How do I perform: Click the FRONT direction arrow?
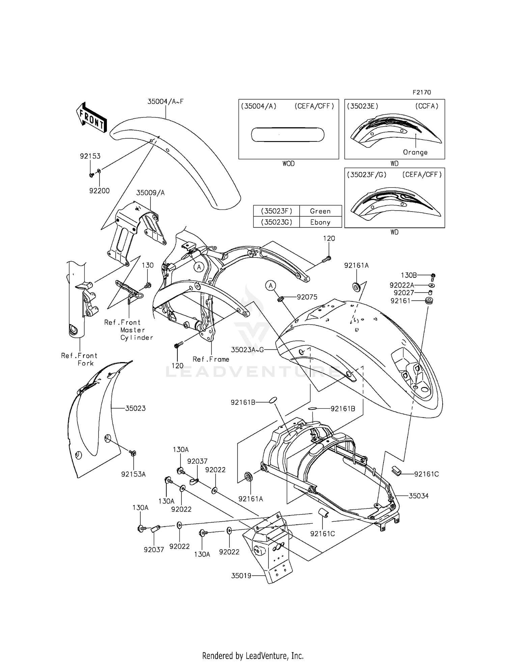click(x=91, y=117)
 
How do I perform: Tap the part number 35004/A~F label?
click(x=165, y=101)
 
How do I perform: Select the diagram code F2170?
click(x=422, y=92)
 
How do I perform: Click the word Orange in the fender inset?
click(x=415, y=152)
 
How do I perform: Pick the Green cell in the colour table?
click(x=320, y=211)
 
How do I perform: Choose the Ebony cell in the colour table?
click(x=320, y=222)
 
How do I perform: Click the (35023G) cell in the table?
click(x=276, y=222)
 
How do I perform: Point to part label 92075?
click(x=307, y=297)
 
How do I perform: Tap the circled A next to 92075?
click(x=271, y=286)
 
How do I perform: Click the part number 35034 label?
click(x=419, y=496)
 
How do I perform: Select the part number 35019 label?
click(x=241, y=576)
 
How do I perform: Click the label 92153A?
click(x=133, y=474)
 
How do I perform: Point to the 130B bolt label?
click(x=409, y=275)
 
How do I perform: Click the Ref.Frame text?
click(x=211, y=359)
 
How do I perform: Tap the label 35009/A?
click(x=150, y=193)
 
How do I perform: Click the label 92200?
click(x=99, y=191)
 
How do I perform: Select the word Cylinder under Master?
click(x=137, y=337)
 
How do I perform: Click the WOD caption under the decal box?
click(x=288, y=164)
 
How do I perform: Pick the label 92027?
click(x=403, y=293)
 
